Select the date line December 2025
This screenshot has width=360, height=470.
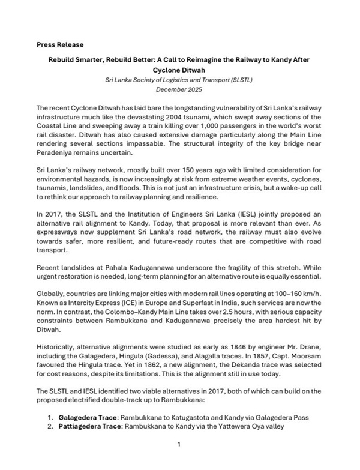tap(179, 89)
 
